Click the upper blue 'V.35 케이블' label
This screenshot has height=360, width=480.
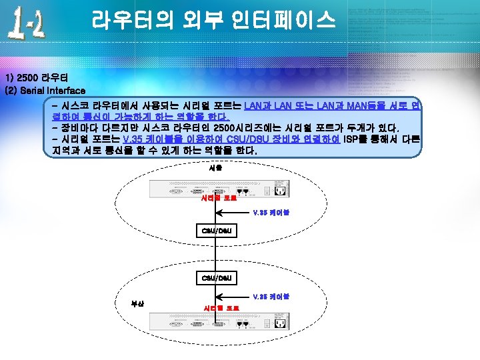[271, 213]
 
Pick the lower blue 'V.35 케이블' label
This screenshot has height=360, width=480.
[271, 296]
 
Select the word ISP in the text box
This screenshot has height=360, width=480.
[351, 139]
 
